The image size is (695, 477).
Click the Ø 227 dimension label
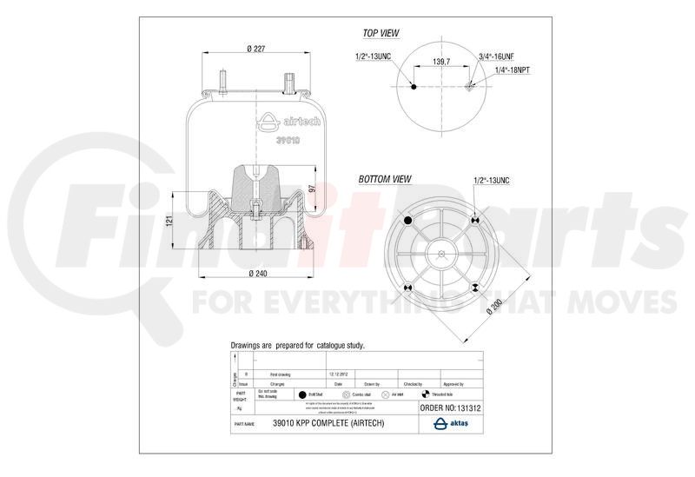[x=254, y=49]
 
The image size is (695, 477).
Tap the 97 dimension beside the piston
[x=312, y=189]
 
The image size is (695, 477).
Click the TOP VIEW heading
[x=381, y=33]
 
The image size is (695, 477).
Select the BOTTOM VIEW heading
[x=385, y=179]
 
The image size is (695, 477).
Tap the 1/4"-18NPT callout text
[x=513, y=71]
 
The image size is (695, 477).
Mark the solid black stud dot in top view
[x=414, y=87]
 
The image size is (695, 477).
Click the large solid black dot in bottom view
[x=409, y=219]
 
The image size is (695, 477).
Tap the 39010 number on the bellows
[x=288, y=140]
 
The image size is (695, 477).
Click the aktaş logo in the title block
[x=452, y=423]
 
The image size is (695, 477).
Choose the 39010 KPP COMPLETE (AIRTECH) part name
[x=327, y=423]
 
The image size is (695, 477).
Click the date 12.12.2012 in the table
[x=340, y=374]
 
